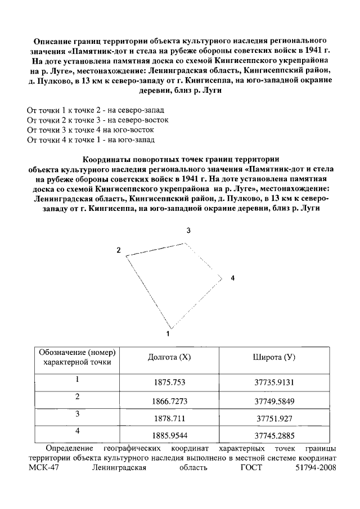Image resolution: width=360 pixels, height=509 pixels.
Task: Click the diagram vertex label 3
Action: (189, 231)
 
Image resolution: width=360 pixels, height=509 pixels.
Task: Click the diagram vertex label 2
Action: (119, 250)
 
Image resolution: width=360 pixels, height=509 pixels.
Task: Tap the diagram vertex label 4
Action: (232, 278)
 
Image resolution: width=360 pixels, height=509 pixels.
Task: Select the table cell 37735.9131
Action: (274, 382)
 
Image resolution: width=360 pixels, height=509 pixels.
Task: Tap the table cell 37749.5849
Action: (274, 401)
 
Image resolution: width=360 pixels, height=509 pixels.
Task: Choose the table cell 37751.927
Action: (274, 419)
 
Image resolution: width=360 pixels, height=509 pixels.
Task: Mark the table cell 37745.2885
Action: (274, 436)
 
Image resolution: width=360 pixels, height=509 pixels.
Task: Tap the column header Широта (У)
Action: (274, 358)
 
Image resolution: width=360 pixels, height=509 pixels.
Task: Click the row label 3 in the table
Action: (77, 415)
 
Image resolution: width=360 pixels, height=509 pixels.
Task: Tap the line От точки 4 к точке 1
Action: (91, 139)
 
